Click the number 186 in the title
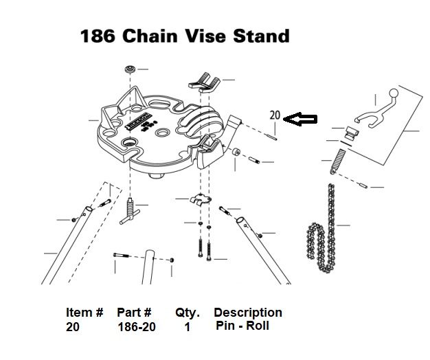click(99, 36)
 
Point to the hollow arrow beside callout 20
click(300, 120)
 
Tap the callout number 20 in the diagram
click(275, 115)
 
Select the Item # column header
click(84, 313)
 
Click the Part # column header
click(134, 313)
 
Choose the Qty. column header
click(187, 313)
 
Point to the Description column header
click(248, 313)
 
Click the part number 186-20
click(136, 328)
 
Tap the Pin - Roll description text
click(242, 326)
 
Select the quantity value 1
click(187, 328)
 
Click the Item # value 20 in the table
click(73, 328)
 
